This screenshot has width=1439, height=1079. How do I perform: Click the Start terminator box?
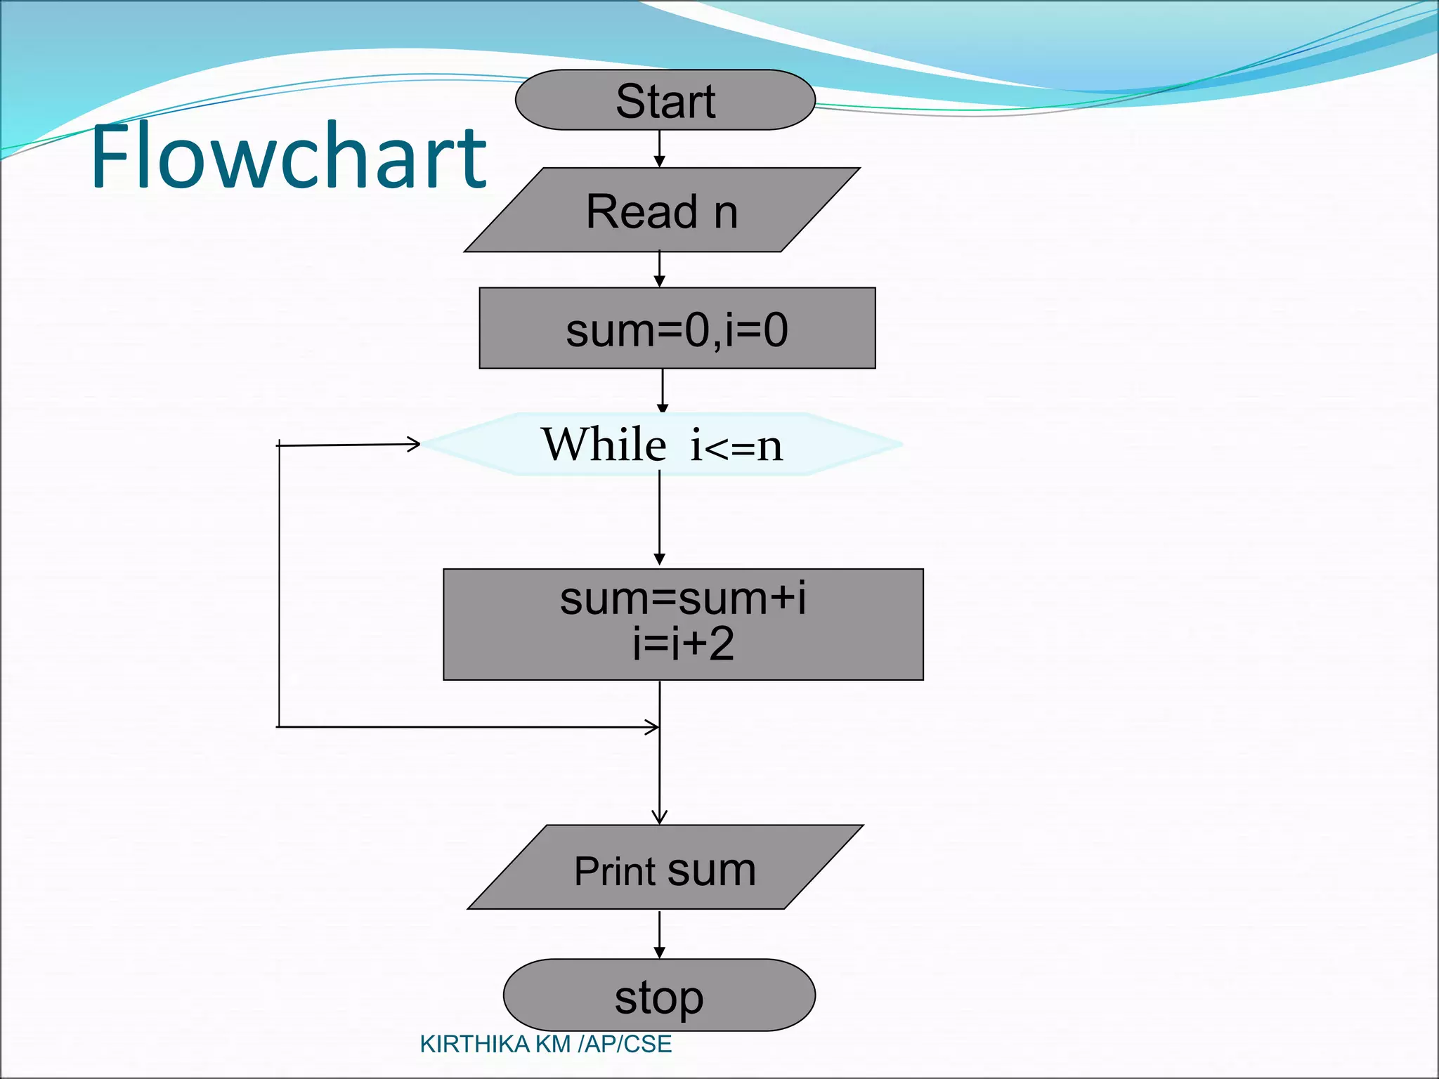(665, 100)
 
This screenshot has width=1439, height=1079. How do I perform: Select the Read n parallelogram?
(662, 210)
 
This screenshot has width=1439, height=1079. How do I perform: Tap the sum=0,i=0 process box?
(677, 328)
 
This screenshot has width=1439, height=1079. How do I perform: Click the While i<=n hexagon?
(662, 444)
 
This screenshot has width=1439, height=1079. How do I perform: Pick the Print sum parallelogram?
(665, 868)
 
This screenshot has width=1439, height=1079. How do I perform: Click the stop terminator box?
(659, 995)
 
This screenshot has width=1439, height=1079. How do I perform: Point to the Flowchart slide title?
(288, 156)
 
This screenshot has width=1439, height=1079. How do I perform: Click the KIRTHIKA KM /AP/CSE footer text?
(545, 1045)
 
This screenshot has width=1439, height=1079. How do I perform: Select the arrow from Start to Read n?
(659, 148)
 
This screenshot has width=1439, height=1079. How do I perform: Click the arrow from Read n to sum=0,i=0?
(659, 269)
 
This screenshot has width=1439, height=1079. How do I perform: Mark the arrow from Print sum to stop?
(659, 934)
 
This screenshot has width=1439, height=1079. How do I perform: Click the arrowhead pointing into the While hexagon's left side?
(414, 443)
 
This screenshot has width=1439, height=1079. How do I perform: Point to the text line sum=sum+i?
(683, 599)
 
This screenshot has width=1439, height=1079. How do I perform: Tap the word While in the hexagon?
(604, 445)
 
